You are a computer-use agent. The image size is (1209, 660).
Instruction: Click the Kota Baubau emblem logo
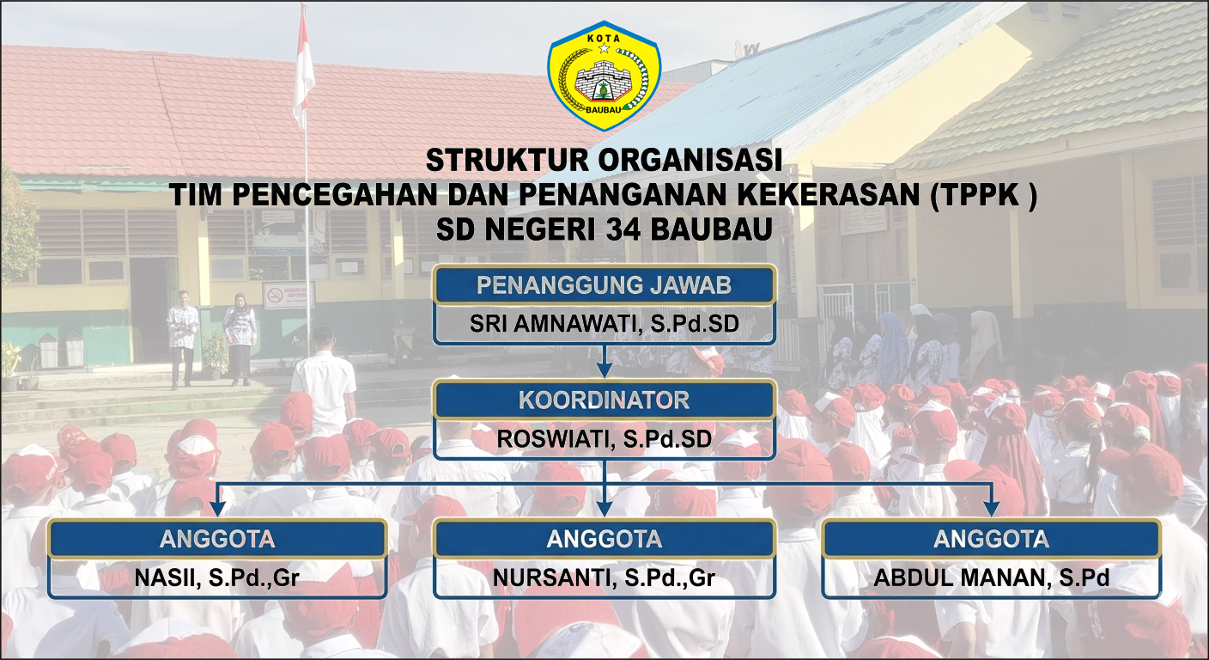(x=604, y=76)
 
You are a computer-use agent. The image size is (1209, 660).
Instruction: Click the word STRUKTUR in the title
(x=507, y=161)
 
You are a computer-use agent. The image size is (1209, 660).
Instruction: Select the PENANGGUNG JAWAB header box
(x=604, y=284)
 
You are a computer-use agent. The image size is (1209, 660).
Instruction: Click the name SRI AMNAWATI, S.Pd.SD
(x=604, y=324)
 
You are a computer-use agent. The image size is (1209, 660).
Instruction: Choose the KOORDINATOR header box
(x=604, y=400)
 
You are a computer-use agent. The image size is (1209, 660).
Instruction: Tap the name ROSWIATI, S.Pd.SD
(x=604, y=439)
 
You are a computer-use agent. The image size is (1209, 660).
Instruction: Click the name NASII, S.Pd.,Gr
(x=217, y=578)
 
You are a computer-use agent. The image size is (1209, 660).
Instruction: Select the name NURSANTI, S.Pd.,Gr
(x=604, y=578)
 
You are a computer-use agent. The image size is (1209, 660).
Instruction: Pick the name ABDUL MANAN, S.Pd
(x=992, y=578)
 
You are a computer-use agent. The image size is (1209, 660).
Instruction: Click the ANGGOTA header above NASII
(x=217, y=539)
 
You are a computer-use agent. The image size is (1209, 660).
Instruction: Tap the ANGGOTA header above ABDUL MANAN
(x=992, y=539)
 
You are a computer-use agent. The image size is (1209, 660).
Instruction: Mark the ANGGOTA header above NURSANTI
(x=604, y=539)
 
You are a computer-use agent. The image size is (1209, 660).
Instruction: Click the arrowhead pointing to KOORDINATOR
(x=604, y=370)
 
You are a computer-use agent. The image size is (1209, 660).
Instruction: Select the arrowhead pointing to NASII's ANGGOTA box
(x=217, y=509)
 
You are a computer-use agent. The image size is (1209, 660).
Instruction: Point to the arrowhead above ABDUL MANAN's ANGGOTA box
(x=991, y=509)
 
